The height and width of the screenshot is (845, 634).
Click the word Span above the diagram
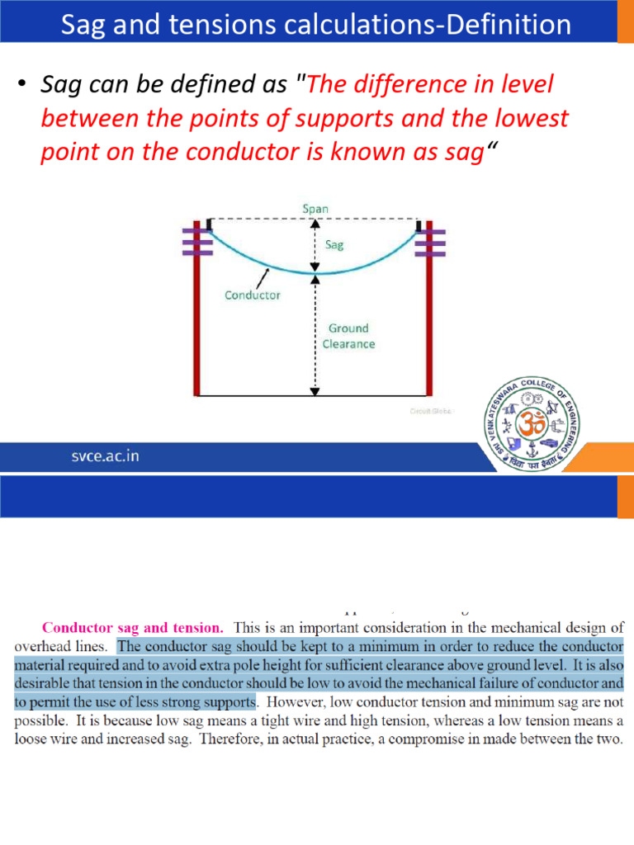click(315, 209)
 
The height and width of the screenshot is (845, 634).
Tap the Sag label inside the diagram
click(334, 244)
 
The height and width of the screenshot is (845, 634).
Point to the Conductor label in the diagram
click(253, 295)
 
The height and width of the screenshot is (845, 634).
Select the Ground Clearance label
click(348, 336)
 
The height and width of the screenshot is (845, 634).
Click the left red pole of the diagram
click(197, 330)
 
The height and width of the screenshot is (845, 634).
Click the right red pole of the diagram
click(428, 330)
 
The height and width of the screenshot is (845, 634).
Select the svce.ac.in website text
click(103, 457)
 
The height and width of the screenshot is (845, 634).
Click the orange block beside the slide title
click(626, 21)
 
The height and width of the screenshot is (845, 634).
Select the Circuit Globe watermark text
click(432, 409)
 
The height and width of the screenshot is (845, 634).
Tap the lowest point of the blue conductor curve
click(316, 273)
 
